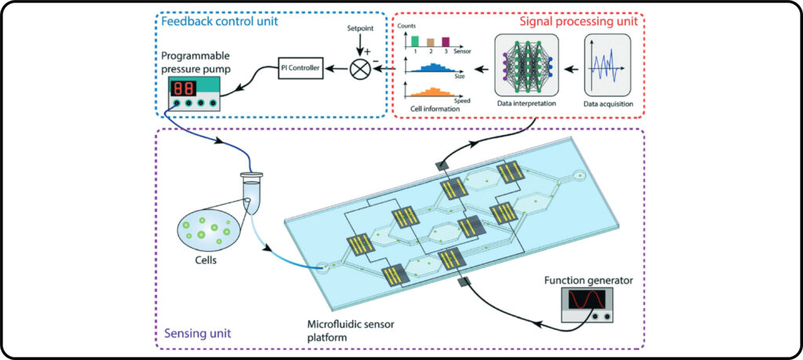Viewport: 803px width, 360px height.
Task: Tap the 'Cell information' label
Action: click(434, 109)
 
